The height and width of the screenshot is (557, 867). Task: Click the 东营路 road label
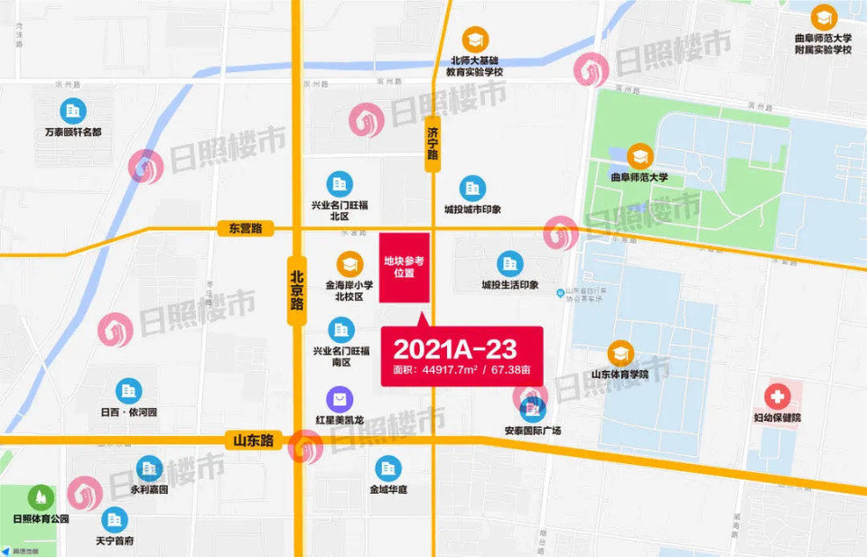point(245,228)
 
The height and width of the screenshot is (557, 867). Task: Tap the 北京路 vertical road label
point(297,288)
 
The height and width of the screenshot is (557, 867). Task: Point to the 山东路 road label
point(253,441)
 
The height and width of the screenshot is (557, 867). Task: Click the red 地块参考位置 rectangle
point(404,267)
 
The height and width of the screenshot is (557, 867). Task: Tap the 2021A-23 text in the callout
point(442,349)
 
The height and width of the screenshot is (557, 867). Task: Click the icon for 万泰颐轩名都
point(73,111)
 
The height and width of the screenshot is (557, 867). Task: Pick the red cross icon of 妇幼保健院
point(777,396)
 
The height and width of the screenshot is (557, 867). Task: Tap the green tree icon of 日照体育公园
point(41,497)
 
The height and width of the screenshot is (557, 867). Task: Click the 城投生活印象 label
point(510,285)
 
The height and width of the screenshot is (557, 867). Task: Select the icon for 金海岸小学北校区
point(349,264)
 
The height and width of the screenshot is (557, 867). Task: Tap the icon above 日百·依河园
point(128,391)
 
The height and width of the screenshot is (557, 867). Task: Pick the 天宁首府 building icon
point(114,519)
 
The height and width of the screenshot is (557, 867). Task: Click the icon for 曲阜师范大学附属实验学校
point(823,17)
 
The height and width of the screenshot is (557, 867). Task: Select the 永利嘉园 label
point(148,490)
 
